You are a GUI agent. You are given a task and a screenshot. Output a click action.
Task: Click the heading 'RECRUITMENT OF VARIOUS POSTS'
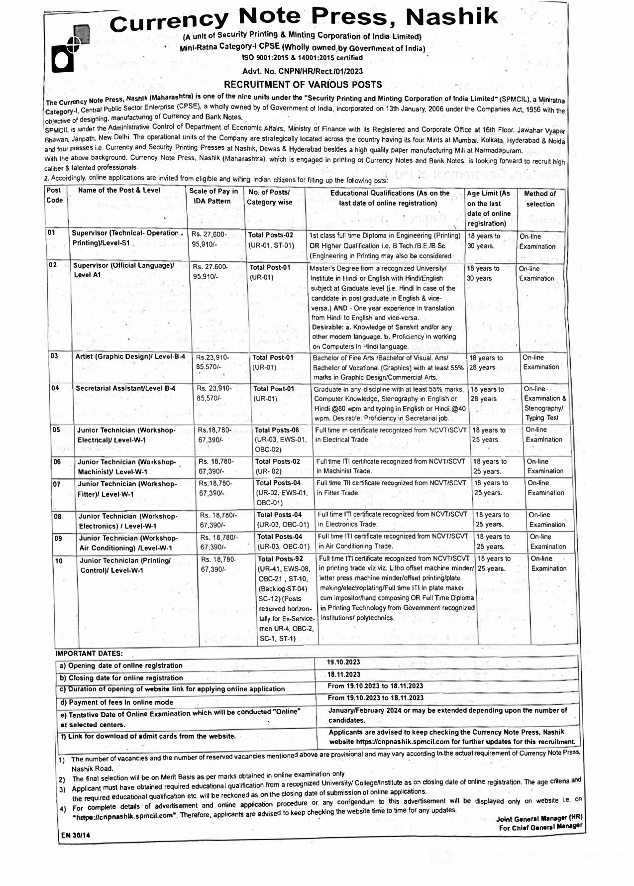303,85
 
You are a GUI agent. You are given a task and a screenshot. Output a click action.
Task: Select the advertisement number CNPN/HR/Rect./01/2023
303,72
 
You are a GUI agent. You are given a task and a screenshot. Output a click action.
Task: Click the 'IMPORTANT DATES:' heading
89,653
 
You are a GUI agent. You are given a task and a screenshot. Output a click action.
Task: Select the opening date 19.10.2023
343,662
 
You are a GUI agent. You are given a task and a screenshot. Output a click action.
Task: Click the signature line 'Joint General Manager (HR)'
539,818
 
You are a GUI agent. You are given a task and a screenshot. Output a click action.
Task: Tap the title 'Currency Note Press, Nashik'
304,19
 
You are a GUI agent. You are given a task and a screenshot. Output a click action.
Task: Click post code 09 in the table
58,538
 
